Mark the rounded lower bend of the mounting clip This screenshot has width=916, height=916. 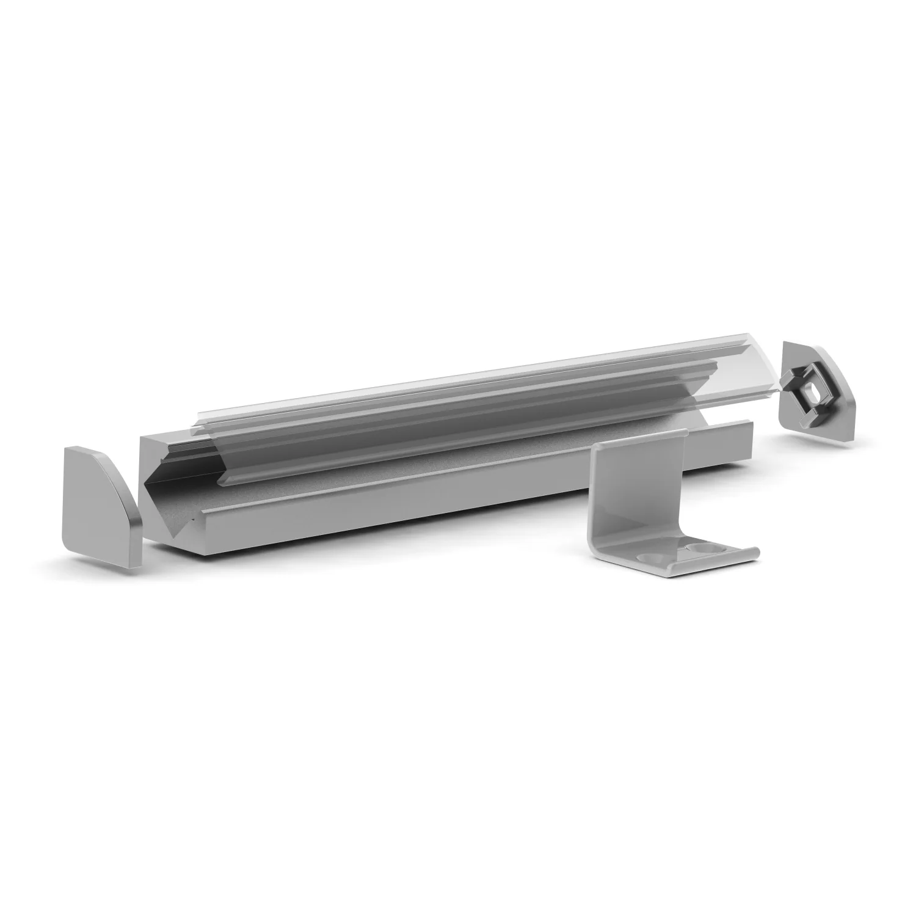[605, 550]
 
